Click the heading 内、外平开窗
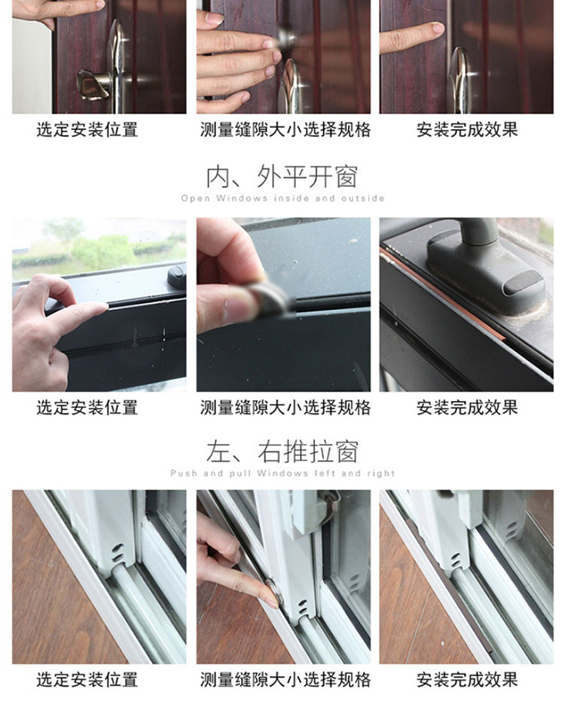[x=282, y=176]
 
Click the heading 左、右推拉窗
[x=282, y=451]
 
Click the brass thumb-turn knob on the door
[x=93, y=84]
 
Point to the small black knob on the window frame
[x=176, y=276]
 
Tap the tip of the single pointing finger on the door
[x=438, y=29]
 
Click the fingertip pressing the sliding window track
[x=273, y=599]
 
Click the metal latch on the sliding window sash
[x=330, y=500]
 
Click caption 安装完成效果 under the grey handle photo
[x=467, y=408]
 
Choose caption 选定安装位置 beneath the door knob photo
[x=87, y=130]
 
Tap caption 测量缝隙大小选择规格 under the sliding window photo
[x=286, y=680]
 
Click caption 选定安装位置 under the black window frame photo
[x=87, y=408]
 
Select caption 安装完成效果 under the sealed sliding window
[x=467, y=680]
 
